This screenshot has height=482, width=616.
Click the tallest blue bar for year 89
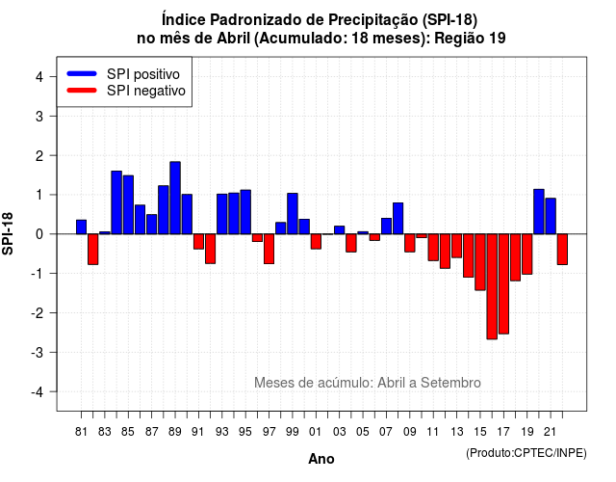click(x=175, y=198)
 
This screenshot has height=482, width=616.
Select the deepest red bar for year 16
click(x=492, y=286)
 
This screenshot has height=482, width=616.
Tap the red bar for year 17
click(x=503, y=283)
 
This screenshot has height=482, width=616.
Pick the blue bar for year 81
click(x=81, y=228)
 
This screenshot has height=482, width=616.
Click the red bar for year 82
click(x=93, y=249)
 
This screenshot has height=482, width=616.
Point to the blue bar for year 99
click(x=293, y=214)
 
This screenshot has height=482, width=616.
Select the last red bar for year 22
click(x=562, y=249)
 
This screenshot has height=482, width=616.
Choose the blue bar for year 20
click(x=539, y=212)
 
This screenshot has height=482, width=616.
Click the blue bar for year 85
click(x=128, y=205)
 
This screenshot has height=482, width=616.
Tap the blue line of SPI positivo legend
click(x=82, y=73)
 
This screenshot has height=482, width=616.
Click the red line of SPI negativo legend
click(x=82, y=90)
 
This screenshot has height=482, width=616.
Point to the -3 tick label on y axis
click(x=38, y=352)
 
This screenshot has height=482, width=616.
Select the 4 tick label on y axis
click(x=39, y=76)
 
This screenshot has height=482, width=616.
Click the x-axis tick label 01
click(x=315, y=432)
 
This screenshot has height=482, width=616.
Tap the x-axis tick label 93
click(x=221, y=432)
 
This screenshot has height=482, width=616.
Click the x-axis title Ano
click(x=321, y=459)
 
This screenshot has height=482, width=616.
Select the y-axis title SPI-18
click(x=8, y=233)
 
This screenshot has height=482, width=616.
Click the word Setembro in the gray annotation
click(x=450, y=383)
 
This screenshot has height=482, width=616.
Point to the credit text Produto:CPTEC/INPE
click(x=526, y=453)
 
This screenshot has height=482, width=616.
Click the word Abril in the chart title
click(x=233, y=39)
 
